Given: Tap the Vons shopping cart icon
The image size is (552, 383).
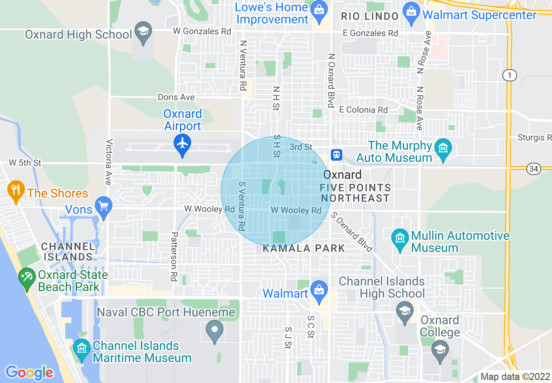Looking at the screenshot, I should (x=104, y=207).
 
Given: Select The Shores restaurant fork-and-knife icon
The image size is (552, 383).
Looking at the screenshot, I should (x=16, y=190).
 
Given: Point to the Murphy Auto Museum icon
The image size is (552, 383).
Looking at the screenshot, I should (x=443, y=149).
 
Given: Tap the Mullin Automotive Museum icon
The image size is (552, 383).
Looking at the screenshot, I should (x=399, y=238).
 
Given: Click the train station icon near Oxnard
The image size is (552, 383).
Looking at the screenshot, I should (x=337, y=155).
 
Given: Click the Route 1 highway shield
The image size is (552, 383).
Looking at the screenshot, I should (x=509, y=75).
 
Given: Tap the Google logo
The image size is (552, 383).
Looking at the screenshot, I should (x=29, y=372).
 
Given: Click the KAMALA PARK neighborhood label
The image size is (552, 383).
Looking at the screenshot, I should (x=304, y=249).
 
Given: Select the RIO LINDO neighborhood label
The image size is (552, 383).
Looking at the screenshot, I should (x=370, y=17).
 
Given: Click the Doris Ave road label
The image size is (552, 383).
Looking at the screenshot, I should (x=176, y=97).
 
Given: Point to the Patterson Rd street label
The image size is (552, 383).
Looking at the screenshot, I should (x=174, y=256).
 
